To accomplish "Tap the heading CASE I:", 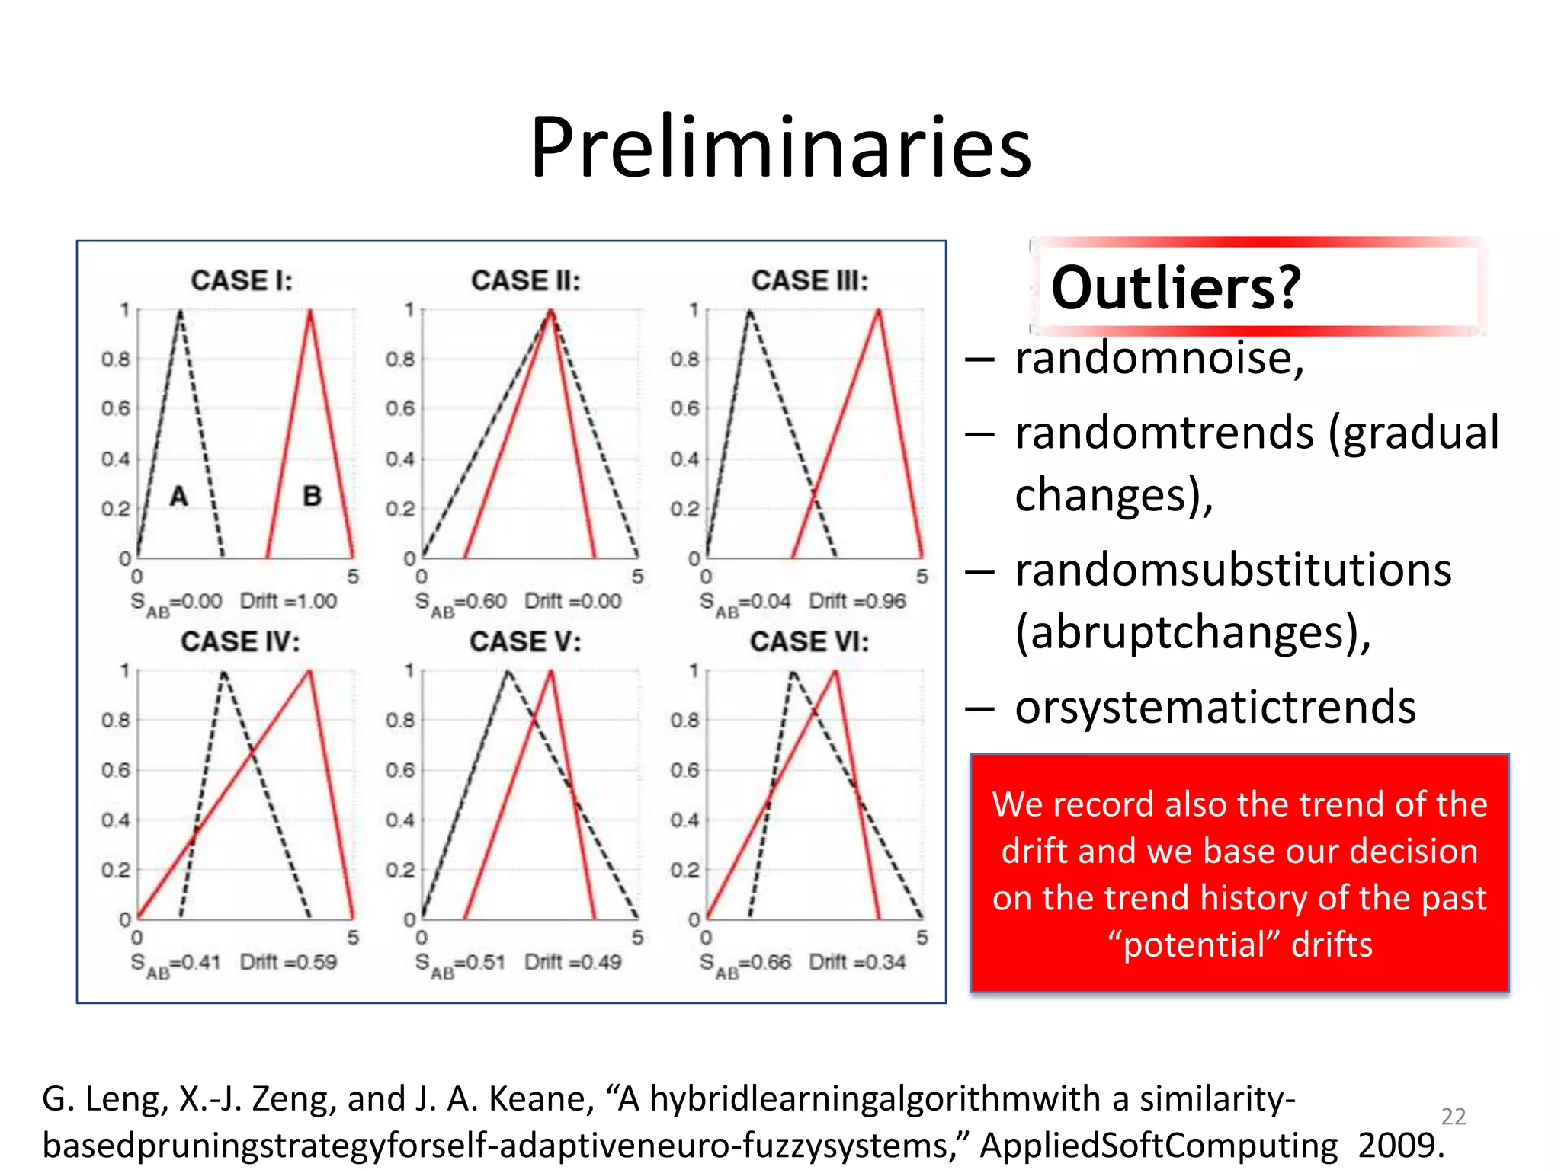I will pyautogui.click(x=242, y=280).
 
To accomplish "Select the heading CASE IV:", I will pyautogui.click(x=240, y=641).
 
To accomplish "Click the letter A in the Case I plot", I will pyautogui.click(x=178, y=497).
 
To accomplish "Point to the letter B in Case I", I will pyautogui.click(x=312, y=497).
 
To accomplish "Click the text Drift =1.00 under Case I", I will pyautogui.click(x=288, y=601).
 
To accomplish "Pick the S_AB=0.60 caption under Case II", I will pyautogui.click(x=460, y=603).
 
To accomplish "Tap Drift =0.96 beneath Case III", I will pyautogui.click(x=857, y=601).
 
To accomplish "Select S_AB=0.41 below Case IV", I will pyautogui.click(x=175, y=964).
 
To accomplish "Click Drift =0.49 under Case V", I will pyautogui.click(x=572, y=962).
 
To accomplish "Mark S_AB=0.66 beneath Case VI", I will pyautogui.click(x=745, y=964).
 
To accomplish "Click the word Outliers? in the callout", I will pyautogui.click(x=1175, y=288).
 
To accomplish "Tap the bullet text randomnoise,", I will pyautogui.click(x=1159, y=358).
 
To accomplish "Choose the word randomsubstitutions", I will pyautogui.click(x=1233, y=570).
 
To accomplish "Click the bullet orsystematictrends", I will pyautogui.click(x=1215, y=707).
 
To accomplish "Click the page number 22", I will pyautogui.click(x=1453, y=1117).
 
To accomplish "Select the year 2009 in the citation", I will pyautogui.click(x=1401, y=1146).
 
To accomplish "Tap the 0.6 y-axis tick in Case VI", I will pyautogui.click(x=684, y=770).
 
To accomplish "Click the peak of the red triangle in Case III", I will pyautogui.click(x=879, y=311).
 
